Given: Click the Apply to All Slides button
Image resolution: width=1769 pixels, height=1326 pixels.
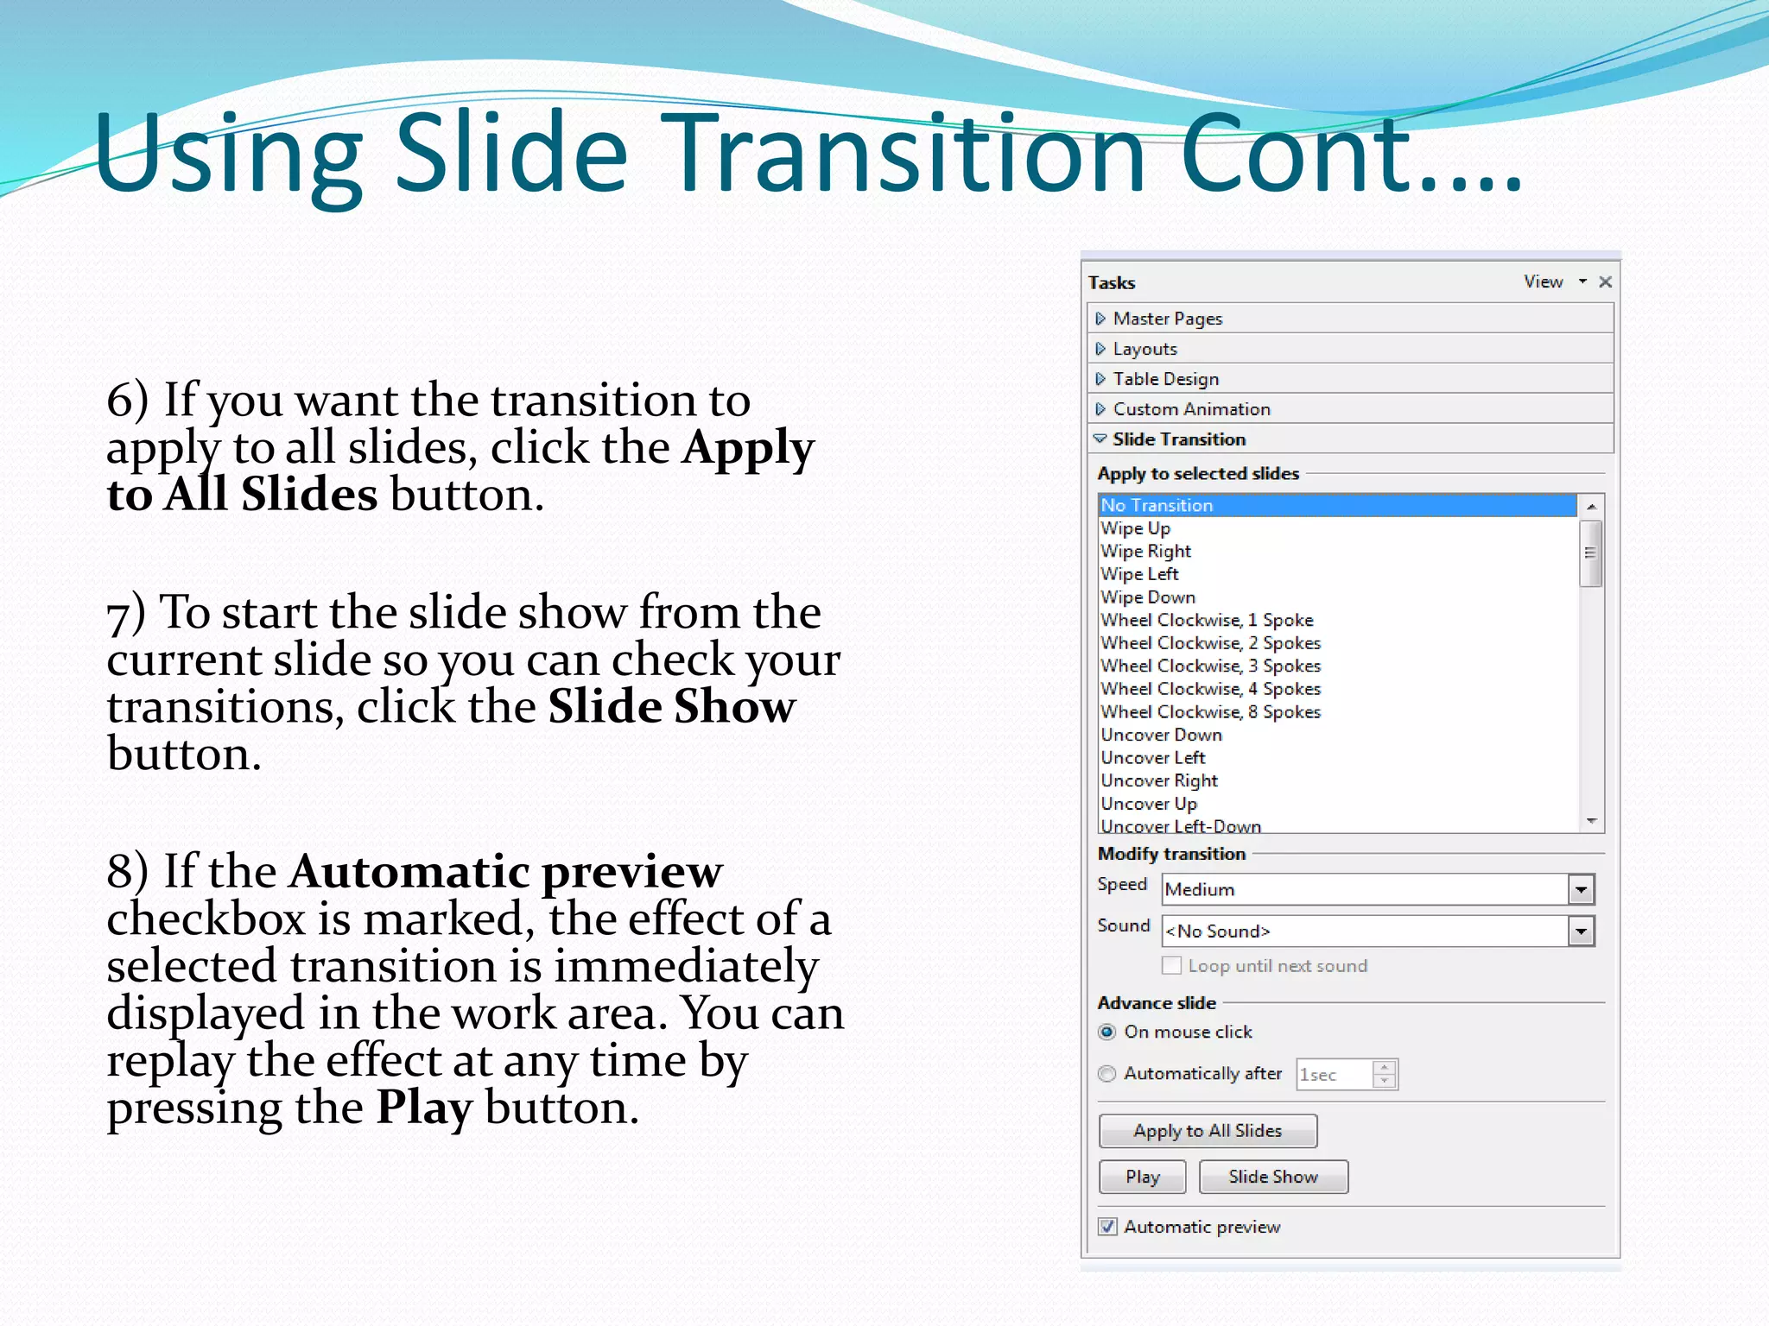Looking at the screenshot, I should [1207, 1131].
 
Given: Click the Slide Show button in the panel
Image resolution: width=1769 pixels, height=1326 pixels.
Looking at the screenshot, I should [1272, 1177].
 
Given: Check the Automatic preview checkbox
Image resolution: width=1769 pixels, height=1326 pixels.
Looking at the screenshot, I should [1108, 1227].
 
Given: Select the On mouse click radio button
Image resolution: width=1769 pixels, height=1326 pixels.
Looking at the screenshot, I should [1107, 1032].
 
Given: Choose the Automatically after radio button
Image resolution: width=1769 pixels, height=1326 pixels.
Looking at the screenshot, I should [1107, 1074].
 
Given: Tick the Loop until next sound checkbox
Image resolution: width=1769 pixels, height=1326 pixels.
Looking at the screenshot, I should [1172, 966].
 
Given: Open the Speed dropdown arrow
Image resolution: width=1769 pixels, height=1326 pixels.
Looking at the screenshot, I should [1581, 889].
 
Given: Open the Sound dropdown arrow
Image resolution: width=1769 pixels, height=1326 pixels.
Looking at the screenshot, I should [1581, 931].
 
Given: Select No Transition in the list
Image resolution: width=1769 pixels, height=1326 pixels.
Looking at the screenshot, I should [1157, 506].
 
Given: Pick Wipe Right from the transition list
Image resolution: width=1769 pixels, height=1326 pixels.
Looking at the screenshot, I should [1146, 552].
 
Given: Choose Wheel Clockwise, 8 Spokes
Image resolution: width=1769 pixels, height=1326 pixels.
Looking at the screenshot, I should [1210, 712].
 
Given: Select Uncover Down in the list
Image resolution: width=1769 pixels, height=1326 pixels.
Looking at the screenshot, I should [1161, 736].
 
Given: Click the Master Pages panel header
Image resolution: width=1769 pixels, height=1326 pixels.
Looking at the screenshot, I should [1168, 319].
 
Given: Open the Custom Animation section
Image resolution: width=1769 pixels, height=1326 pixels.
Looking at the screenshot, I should [1191, 409].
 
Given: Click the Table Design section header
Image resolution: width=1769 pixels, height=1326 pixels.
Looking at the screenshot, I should [1165, 379].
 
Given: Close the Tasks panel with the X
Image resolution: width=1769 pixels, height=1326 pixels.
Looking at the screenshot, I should [1606, 282].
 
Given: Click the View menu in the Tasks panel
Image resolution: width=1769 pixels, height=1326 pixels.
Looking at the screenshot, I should [1544, 282].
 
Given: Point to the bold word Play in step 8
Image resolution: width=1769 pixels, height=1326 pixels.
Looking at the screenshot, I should [424, 1108].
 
